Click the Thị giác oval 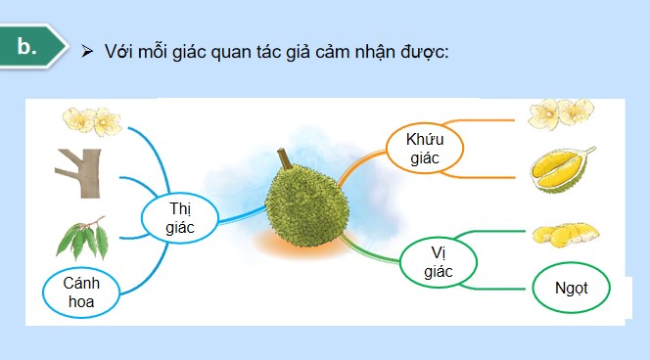181,217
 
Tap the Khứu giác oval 425,148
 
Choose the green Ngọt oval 571,289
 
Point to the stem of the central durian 285,157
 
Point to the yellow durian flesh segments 565,235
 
